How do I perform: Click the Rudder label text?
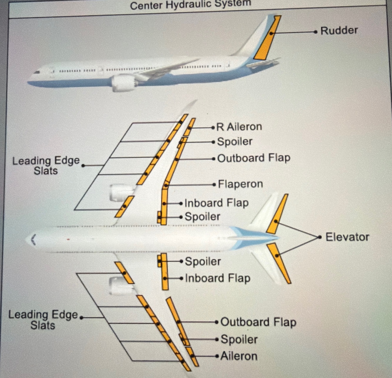click(339, 31)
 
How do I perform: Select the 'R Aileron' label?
click(239, 127)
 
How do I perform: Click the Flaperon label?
click(240, 184)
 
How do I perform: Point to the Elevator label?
click(347, 237)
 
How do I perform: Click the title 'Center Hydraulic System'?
click(190, 4)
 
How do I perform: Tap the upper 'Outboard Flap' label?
click(254, 158)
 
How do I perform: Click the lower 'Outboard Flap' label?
click(258, 322)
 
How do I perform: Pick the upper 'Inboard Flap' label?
click(217, 203)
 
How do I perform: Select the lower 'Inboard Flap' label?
click(217, 278)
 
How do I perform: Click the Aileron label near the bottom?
click(239, 356)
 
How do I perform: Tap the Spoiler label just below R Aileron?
click(234, 142)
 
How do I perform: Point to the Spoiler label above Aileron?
click(239, 340)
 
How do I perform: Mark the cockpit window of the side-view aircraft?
click(37, 72)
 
